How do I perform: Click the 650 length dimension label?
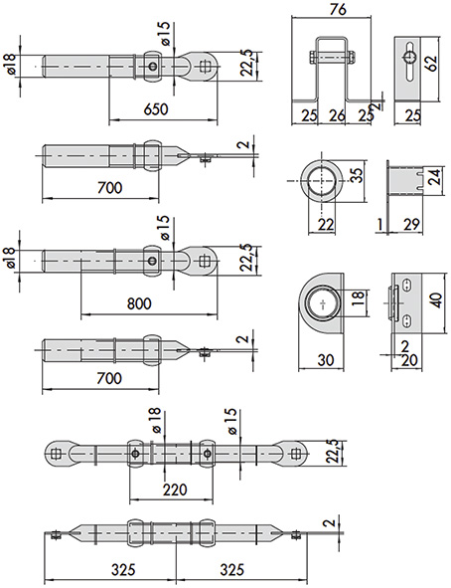click(x=156, y=109)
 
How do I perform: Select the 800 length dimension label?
click(x=139, y=303)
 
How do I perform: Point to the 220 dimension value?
click(x=175, y=490)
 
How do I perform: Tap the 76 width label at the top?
click(x=338, y=10)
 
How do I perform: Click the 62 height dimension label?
click(x=431, y=64)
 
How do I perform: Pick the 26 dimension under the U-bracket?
click(x=337, y=115)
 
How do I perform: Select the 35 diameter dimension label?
click(x=359, y=175)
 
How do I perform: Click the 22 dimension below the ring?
click(x=326, y=225)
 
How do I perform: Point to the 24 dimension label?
click(x=434, y=178)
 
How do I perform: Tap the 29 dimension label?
click(x=411, y=224)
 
